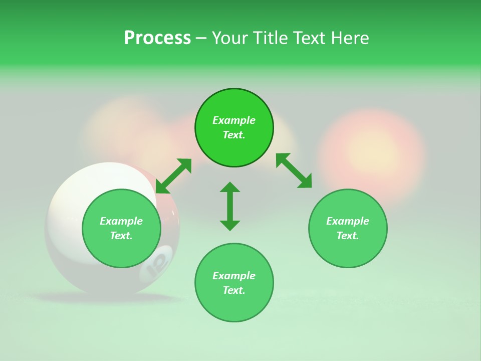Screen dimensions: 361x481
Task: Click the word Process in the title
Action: point(157,38)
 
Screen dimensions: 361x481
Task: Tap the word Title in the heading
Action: point(270,38)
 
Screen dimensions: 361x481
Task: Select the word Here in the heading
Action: point(349,38)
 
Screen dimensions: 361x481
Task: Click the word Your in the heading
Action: point(230,38)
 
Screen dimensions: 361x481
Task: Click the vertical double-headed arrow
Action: point(230,206)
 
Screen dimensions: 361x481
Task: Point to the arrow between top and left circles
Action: point(173,176)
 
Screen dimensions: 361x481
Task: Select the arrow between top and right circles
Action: point(294,170)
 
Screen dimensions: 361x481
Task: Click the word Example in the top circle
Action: point(234,120)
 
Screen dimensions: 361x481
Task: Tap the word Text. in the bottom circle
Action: point(234,290)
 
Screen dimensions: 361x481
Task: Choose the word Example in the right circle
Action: point(348,221)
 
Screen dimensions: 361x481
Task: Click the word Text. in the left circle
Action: point(121,236)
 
